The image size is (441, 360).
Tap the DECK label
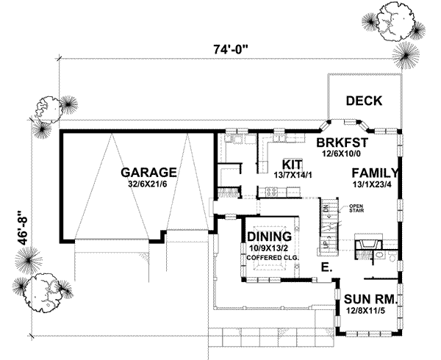(363, 101)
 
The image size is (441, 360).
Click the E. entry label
(326, 269)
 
